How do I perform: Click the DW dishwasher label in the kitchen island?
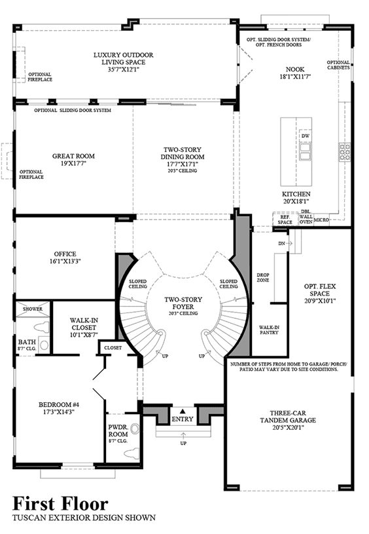(x=305, y=136)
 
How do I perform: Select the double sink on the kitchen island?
(x=305, y=151)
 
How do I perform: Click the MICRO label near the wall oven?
(x=321, y=220)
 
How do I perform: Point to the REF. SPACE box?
(x=285, y=219)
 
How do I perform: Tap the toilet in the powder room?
(x=132, y=453)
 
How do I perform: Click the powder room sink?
(x=135, y=429)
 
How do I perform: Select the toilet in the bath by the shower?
(x=41, y=327)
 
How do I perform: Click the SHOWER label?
(x=33, y=309)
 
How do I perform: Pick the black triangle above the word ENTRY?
(x=183, y=411)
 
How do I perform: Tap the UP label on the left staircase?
(x=166, y=356)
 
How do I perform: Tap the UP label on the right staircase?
(x=202, y=356)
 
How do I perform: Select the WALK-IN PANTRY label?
(x=269, y=330)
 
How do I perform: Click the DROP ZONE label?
(x=263, y=277)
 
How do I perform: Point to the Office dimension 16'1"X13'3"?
(x=65, y=261)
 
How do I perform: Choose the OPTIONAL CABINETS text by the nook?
(x=338, y=65)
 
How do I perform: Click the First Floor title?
(x=61, y=504)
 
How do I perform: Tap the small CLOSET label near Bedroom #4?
(x=113, y=348)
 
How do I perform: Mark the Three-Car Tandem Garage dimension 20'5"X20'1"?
(x=288, y=427)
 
